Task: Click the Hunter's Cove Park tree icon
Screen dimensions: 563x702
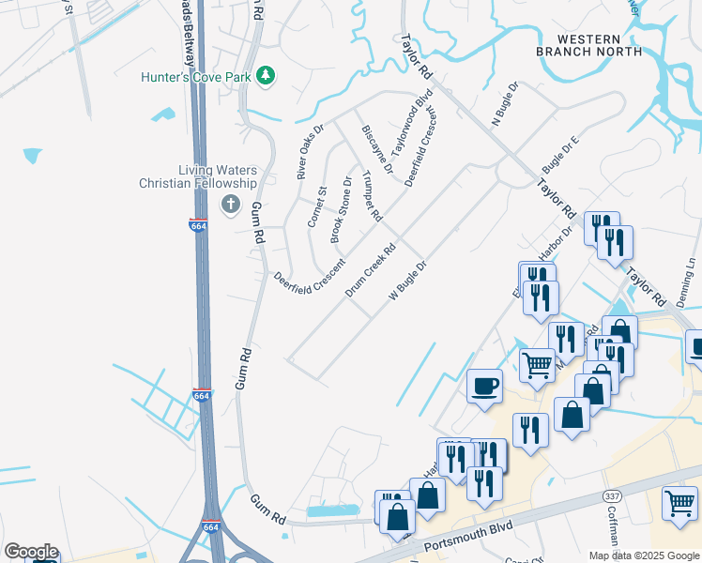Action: pyautogui.click(x=266, y=75)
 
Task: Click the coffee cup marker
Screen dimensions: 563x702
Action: pyautogui.click(x=484, y=386)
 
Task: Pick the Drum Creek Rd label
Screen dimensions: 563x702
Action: pyautogui.click(x=372, y=270)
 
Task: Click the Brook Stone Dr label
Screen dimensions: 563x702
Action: pyautogui.click(x=341, y=211)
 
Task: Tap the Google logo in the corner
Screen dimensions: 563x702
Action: pyautogui.click(x=31, y=552)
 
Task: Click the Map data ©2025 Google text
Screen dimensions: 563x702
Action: pyautogui.click(x=644, y=555)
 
